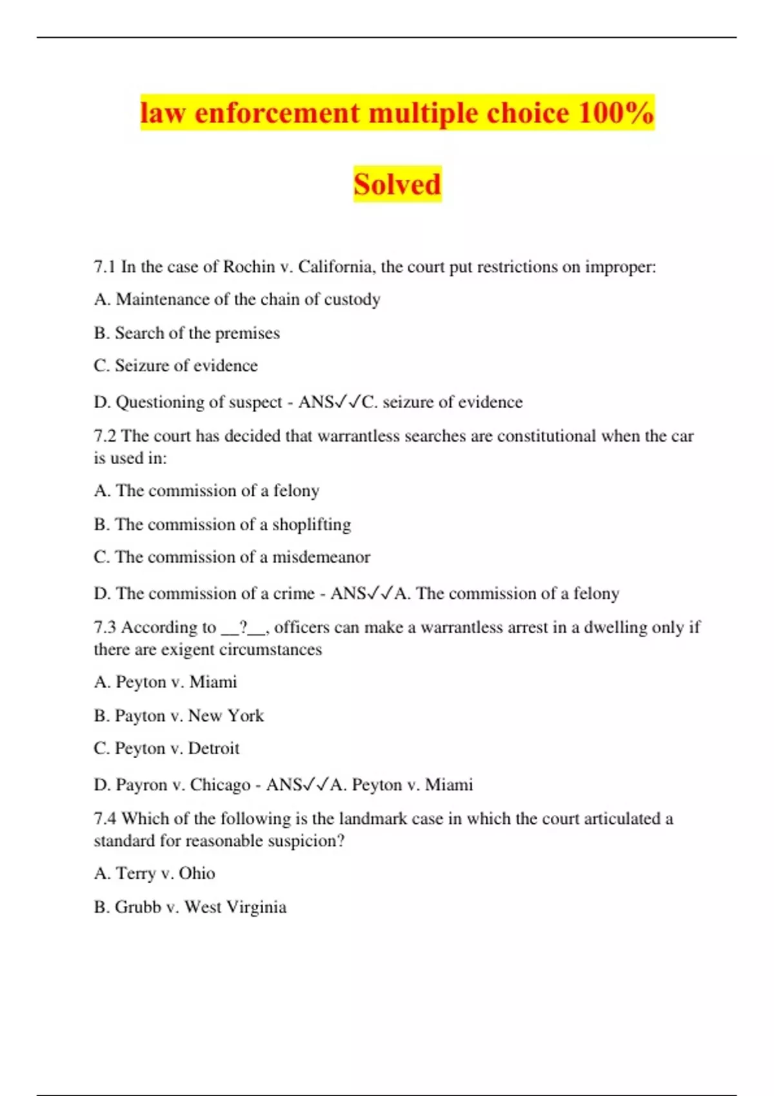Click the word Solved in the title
coord(397,184)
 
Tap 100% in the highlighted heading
coord(616,113)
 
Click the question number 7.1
coord(104,267)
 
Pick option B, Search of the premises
coord(187,333)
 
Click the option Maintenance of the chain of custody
coord(237,300)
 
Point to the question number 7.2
coord(104,436)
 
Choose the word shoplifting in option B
coord(312,525)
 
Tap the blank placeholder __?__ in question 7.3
coord(244,627)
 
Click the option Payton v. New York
coord(179,716)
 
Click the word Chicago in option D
coord(220,785)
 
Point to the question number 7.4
coord(104,819)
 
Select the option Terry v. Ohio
coord(155,874)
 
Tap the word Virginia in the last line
coord(257,907)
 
